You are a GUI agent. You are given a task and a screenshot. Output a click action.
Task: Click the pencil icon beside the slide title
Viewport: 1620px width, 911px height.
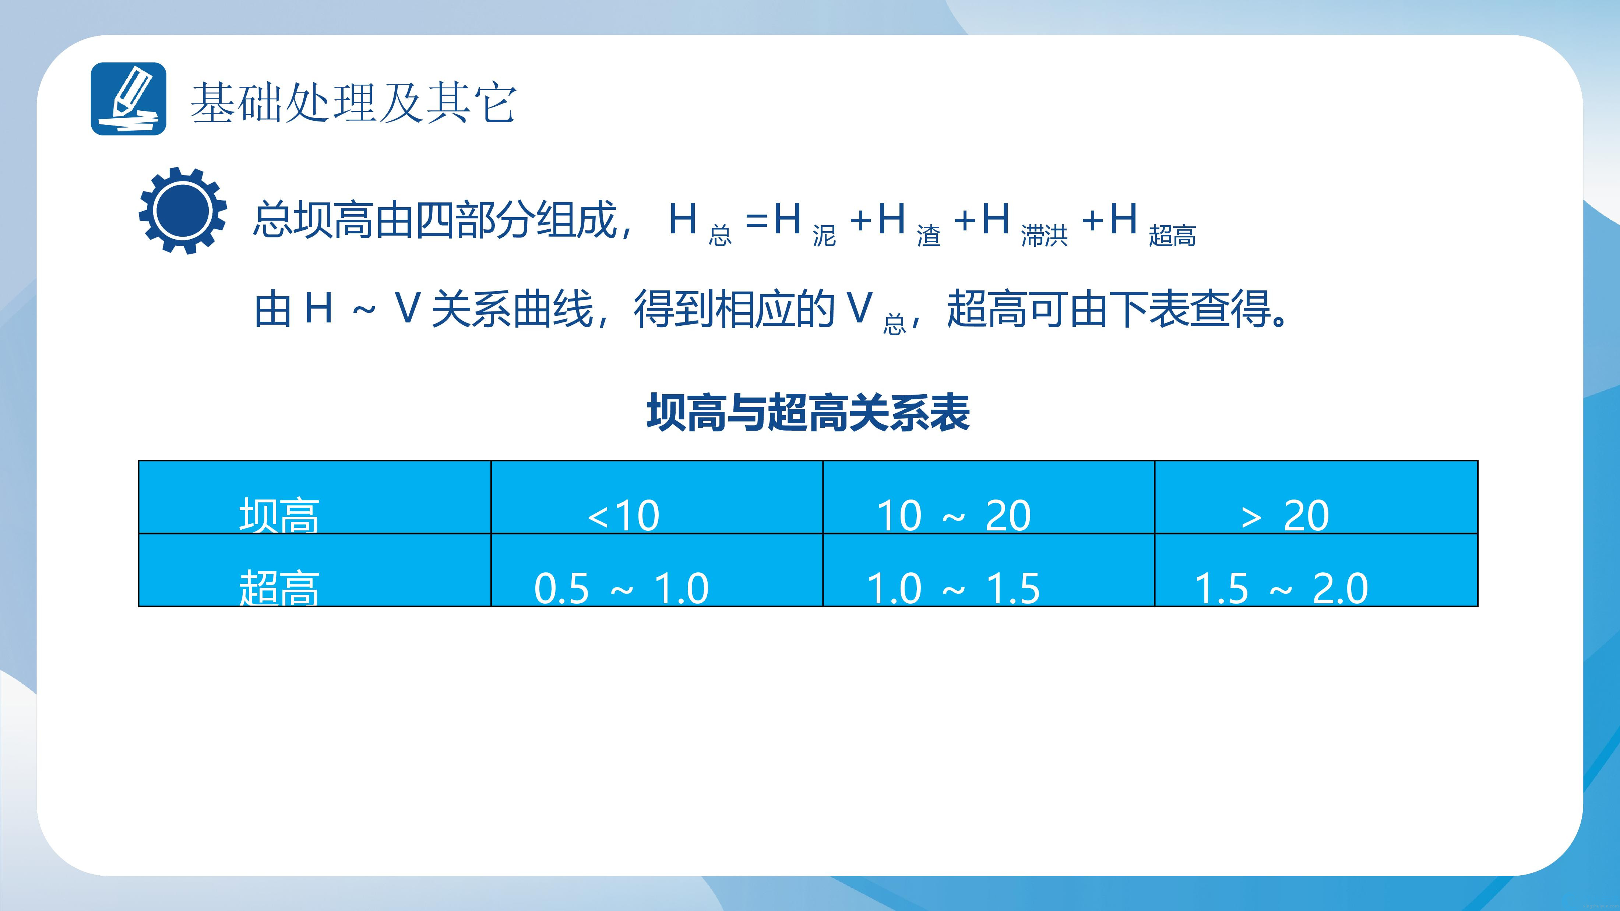click(128, 99)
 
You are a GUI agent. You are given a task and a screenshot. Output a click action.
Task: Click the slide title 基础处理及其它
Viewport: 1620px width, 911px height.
click(353, 102)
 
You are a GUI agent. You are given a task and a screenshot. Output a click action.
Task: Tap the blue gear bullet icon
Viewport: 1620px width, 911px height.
click(182, 211)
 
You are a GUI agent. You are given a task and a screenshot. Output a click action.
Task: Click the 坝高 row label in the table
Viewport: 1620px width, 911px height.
click(279, 515)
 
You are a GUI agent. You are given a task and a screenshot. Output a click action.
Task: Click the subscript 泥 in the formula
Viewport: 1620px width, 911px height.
click(824, 236)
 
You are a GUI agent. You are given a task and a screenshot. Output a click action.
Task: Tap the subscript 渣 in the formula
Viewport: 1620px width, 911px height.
click(928, 236)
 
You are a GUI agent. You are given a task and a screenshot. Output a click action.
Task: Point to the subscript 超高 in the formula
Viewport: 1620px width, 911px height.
click(1172, 236)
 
